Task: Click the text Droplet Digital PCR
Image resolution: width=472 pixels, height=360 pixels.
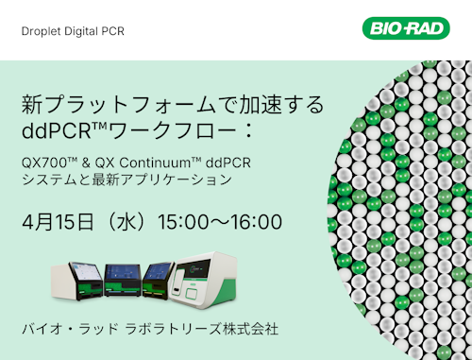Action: (73, 31)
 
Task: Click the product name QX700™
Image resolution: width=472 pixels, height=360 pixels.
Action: (46, 160)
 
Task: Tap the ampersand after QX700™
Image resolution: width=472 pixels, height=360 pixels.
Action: (83, 160)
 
